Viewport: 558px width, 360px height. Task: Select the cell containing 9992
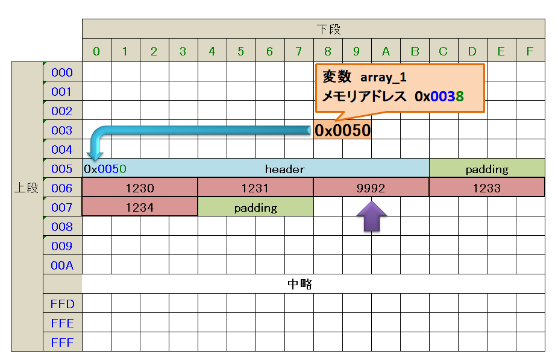371,188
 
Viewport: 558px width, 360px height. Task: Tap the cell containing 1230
139,188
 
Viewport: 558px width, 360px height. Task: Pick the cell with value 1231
255,188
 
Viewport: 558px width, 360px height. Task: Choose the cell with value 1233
486,188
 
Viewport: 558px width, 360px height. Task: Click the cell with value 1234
139,207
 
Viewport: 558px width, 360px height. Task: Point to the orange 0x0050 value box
342,130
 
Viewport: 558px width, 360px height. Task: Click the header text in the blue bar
284,169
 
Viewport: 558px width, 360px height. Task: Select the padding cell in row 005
487,169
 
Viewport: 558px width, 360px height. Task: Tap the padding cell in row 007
255,207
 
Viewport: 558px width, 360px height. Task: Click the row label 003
62,130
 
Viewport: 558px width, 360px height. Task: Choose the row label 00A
62,265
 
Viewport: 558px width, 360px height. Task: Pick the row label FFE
62,323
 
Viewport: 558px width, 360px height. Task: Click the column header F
530,51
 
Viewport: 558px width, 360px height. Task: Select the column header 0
96,51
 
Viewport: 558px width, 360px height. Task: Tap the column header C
444,51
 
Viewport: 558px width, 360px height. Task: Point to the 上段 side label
27,188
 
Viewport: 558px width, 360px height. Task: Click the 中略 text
299,284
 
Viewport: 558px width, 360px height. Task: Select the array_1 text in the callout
383,78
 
